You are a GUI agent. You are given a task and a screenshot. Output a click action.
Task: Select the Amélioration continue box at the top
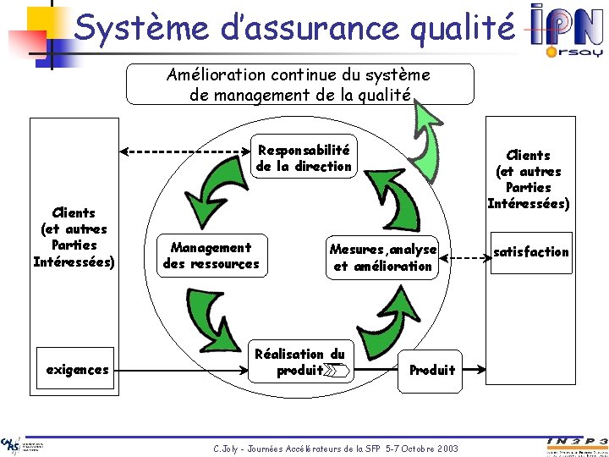[299, 85]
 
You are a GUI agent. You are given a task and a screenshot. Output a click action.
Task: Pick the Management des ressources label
[211, 256]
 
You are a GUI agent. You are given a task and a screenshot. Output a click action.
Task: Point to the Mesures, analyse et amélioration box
[383, 257]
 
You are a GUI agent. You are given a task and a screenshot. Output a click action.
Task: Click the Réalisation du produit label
[300, 362]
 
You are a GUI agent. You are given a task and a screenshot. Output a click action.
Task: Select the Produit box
[431, 370]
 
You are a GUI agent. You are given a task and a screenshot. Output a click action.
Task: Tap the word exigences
[77, 370]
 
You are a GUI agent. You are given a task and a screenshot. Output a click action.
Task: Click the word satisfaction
[531, 251]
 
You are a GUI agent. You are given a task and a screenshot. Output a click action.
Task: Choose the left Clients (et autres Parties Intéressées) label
[74, 236]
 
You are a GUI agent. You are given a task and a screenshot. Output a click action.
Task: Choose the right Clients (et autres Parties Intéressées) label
[528, 179]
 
